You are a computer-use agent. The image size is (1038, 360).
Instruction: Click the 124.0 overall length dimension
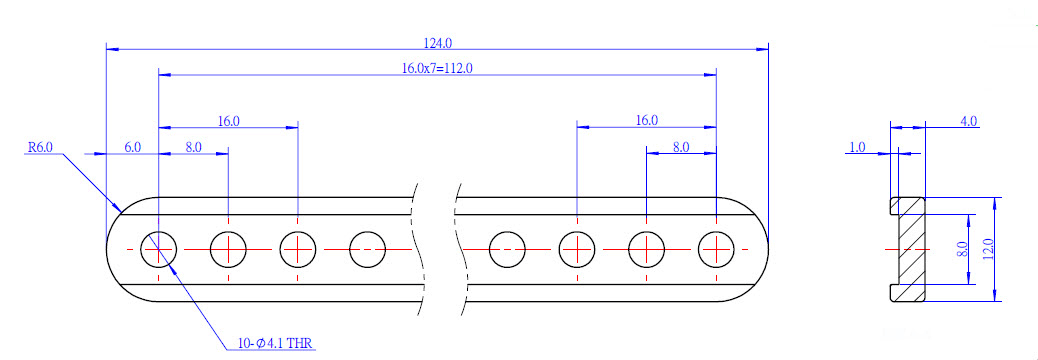pos(438,43)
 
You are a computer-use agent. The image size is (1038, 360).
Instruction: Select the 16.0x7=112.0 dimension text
pos(438,68)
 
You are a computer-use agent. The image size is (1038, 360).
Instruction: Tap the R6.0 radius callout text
pos(40,147)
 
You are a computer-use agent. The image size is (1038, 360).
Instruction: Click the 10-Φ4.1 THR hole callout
pos(276,343)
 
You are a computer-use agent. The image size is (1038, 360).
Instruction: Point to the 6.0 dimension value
pos(132,147)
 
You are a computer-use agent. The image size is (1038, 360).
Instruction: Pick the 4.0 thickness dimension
pos(968,121)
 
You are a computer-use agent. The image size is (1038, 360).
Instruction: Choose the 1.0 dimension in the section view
pos(857,147)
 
